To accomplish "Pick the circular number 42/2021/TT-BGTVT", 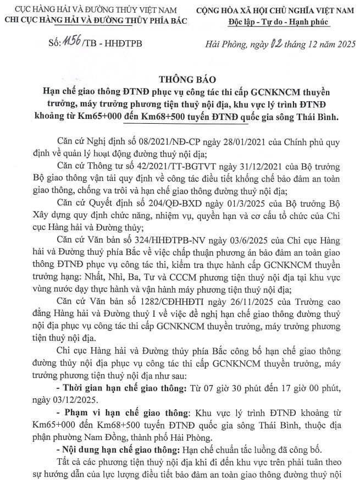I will pyautogui.click(x=166, y=166).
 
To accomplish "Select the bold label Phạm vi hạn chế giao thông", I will pyautogui.click(x=126, y=413).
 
